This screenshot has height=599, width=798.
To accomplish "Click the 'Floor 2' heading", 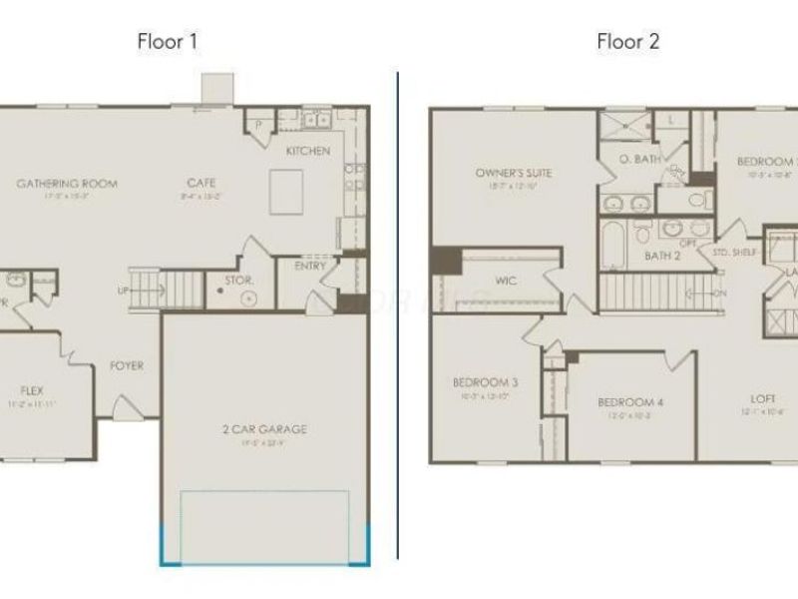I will [627, 42].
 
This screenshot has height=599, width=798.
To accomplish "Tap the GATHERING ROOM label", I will [68, 184].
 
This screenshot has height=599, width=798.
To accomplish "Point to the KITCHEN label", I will [308, 151].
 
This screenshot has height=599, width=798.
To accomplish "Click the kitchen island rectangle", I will [287, 191].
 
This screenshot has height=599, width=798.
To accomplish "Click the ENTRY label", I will [309, 267].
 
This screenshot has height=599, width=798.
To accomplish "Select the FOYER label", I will [127, 366].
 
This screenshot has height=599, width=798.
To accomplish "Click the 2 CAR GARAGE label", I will [264, 429].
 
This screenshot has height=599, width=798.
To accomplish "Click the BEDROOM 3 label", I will [485, 381].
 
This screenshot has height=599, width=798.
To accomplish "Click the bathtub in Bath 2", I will [612, 245].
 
